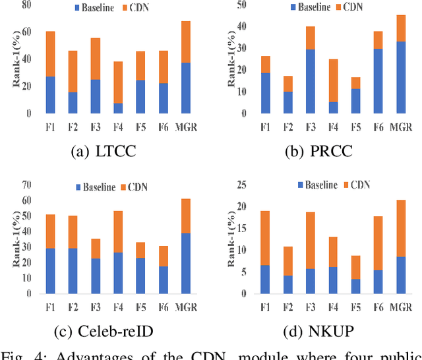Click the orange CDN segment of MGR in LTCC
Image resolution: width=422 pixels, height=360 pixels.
(185, 42)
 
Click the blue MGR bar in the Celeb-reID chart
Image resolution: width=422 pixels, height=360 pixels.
(185, 263)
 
